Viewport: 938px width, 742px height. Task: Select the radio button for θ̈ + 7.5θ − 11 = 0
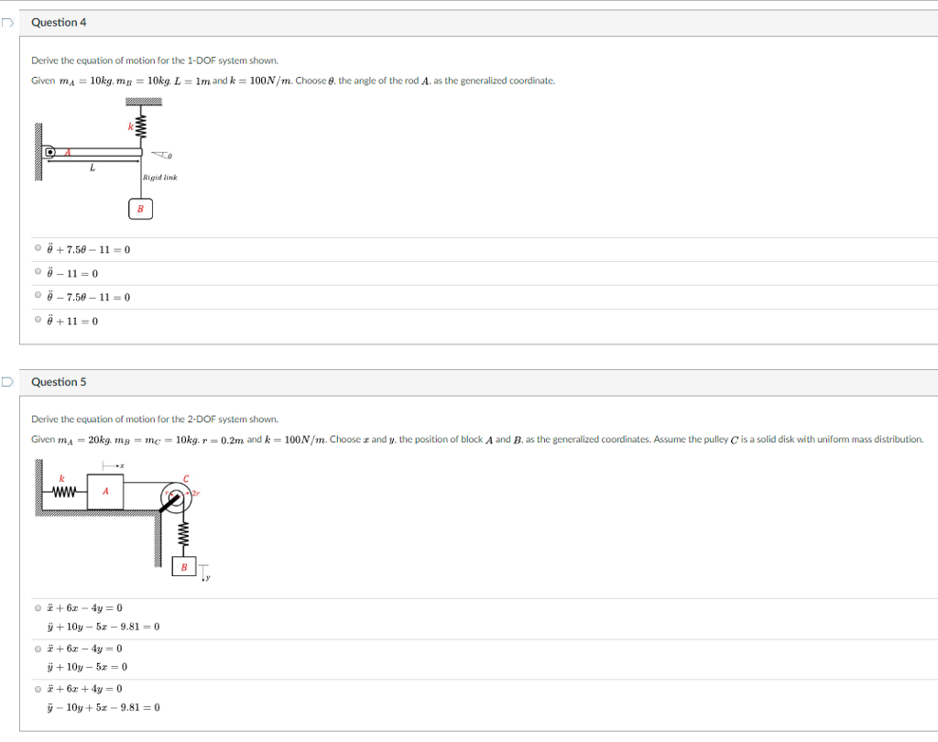pyautogui.click(x=38, y=249)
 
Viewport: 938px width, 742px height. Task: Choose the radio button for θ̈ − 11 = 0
pyautogui.click(x=38, y=273)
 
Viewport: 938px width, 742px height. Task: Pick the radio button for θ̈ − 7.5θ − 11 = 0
pyautogui.click(x=38, y=297)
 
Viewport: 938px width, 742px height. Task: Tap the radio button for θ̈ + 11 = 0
pyautogui.click(x=38, y=321)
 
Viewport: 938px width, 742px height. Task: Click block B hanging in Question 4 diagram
pyautogui.click(x=140, y=209)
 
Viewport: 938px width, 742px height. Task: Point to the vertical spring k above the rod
pyautogui.click(x=140, y=129)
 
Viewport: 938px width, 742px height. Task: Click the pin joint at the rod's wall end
pyautogui.click(x=51, y=152)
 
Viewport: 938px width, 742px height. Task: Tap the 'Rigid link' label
pyautogui.click(x=159, y=177)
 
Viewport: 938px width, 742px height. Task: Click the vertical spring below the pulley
pyautogui.click(x=183, y=535)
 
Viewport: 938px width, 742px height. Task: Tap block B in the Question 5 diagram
pyautogui.click(x=184, y=567)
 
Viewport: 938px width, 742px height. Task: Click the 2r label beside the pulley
pyautogui.click(x=194, y=493)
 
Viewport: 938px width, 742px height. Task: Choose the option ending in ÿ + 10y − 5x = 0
pyautogui.click(x=38, y=648)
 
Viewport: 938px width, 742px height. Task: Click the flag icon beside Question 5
pyautogui.click(x=6, y=382)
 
